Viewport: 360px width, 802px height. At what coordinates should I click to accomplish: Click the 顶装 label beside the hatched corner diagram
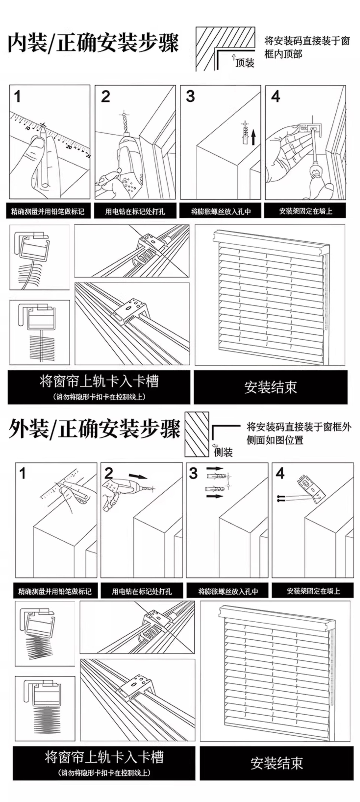click(245, 63)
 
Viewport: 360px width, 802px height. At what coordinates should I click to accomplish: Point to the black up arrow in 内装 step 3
click(253, 137)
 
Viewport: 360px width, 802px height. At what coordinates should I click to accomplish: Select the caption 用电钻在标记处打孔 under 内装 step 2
click(135, 212)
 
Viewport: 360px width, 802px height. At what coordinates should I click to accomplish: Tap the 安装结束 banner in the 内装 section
click(270, 387)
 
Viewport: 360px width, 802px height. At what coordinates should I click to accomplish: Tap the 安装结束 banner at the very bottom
click(277, 763)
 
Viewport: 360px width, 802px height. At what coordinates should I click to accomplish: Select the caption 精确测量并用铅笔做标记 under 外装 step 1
click(55, 591)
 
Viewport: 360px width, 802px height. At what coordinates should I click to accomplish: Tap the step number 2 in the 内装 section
click(105, 97)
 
